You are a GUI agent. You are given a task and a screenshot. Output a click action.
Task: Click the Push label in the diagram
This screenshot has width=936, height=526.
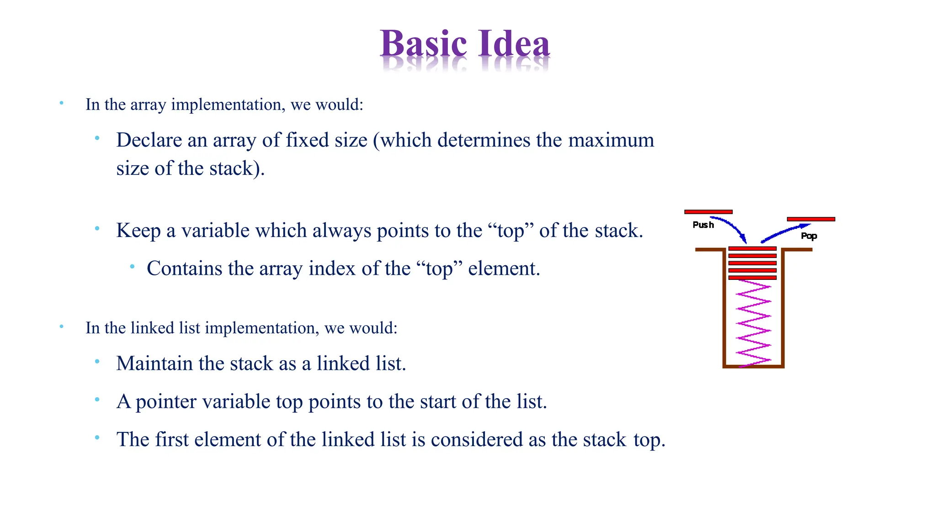703,225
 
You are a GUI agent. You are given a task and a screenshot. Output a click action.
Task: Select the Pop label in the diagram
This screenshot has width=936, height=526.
808,236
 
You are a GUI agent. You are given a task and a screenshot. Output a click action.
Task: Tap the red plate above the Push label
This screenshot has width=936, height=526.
708,212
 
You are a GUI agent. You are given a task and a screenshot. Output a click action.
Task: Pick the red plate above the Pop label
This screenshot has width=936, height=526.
811,219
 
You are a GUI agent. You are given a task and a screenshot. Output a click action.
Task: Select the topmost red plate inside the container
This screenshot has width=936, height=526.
752,249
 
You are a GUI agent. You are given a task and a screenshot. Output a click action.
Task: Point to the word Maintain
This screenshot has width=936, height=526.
154,364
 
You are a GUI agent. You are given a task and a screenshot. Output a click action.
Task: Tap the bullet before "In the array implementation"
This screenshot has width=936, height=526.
61,103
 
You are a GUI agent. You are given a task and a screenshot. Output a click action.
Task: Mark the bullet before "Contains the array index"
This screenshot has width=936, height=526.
132,266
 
